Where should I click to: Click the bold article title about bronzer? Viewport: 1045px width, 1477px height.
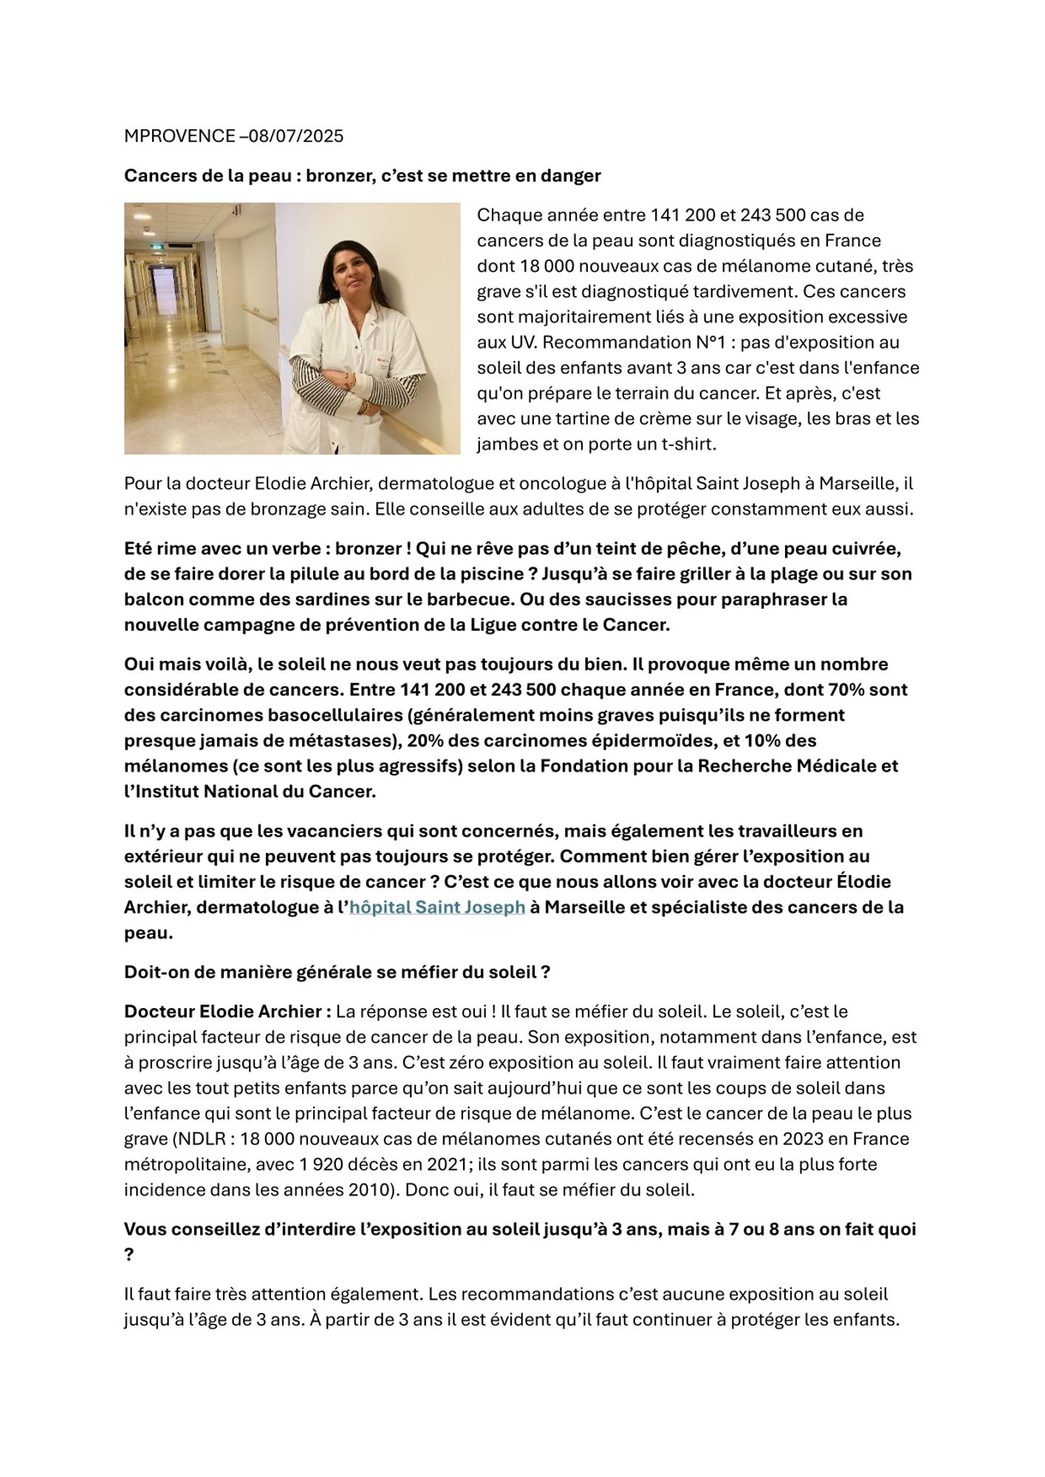click(362, 176)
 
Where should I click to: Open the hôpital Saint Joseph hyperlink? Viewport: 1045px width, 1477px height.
click(437, 908)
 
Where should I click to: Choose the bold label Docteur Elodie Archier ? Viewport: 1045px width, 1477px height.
click(227, 1012)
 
